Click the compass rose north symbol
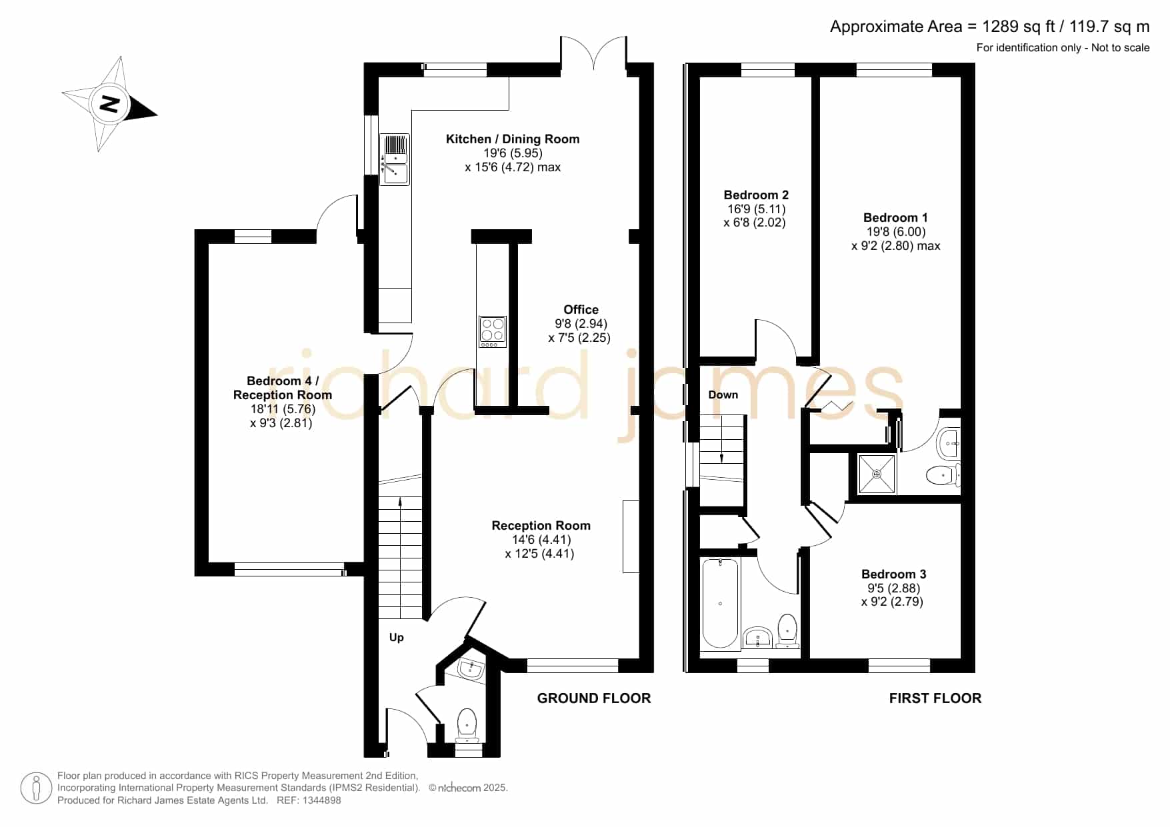click(109, 104)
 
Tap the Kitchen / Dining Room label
click(513, 139)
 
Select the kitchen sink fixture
click(394, 159)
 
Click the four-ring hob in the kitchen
click(493, 331)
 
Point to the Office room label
click(581, 309)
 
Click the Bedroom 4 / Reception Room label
click(283, 388)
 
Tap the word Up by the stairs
click(397, 638)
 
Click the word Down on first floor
click(723, 395)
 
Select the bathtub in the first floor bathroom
click(720, 603)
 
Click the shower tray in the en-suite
click(877, 474)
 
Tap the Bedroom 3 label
click(893, 574)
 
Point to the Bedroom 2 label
click(756, 195)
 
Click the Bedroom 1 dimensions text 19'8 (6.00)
click(895, 232)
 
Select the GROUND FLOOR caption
click(594, 698)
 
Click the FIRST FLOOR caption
click(935, 698)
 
